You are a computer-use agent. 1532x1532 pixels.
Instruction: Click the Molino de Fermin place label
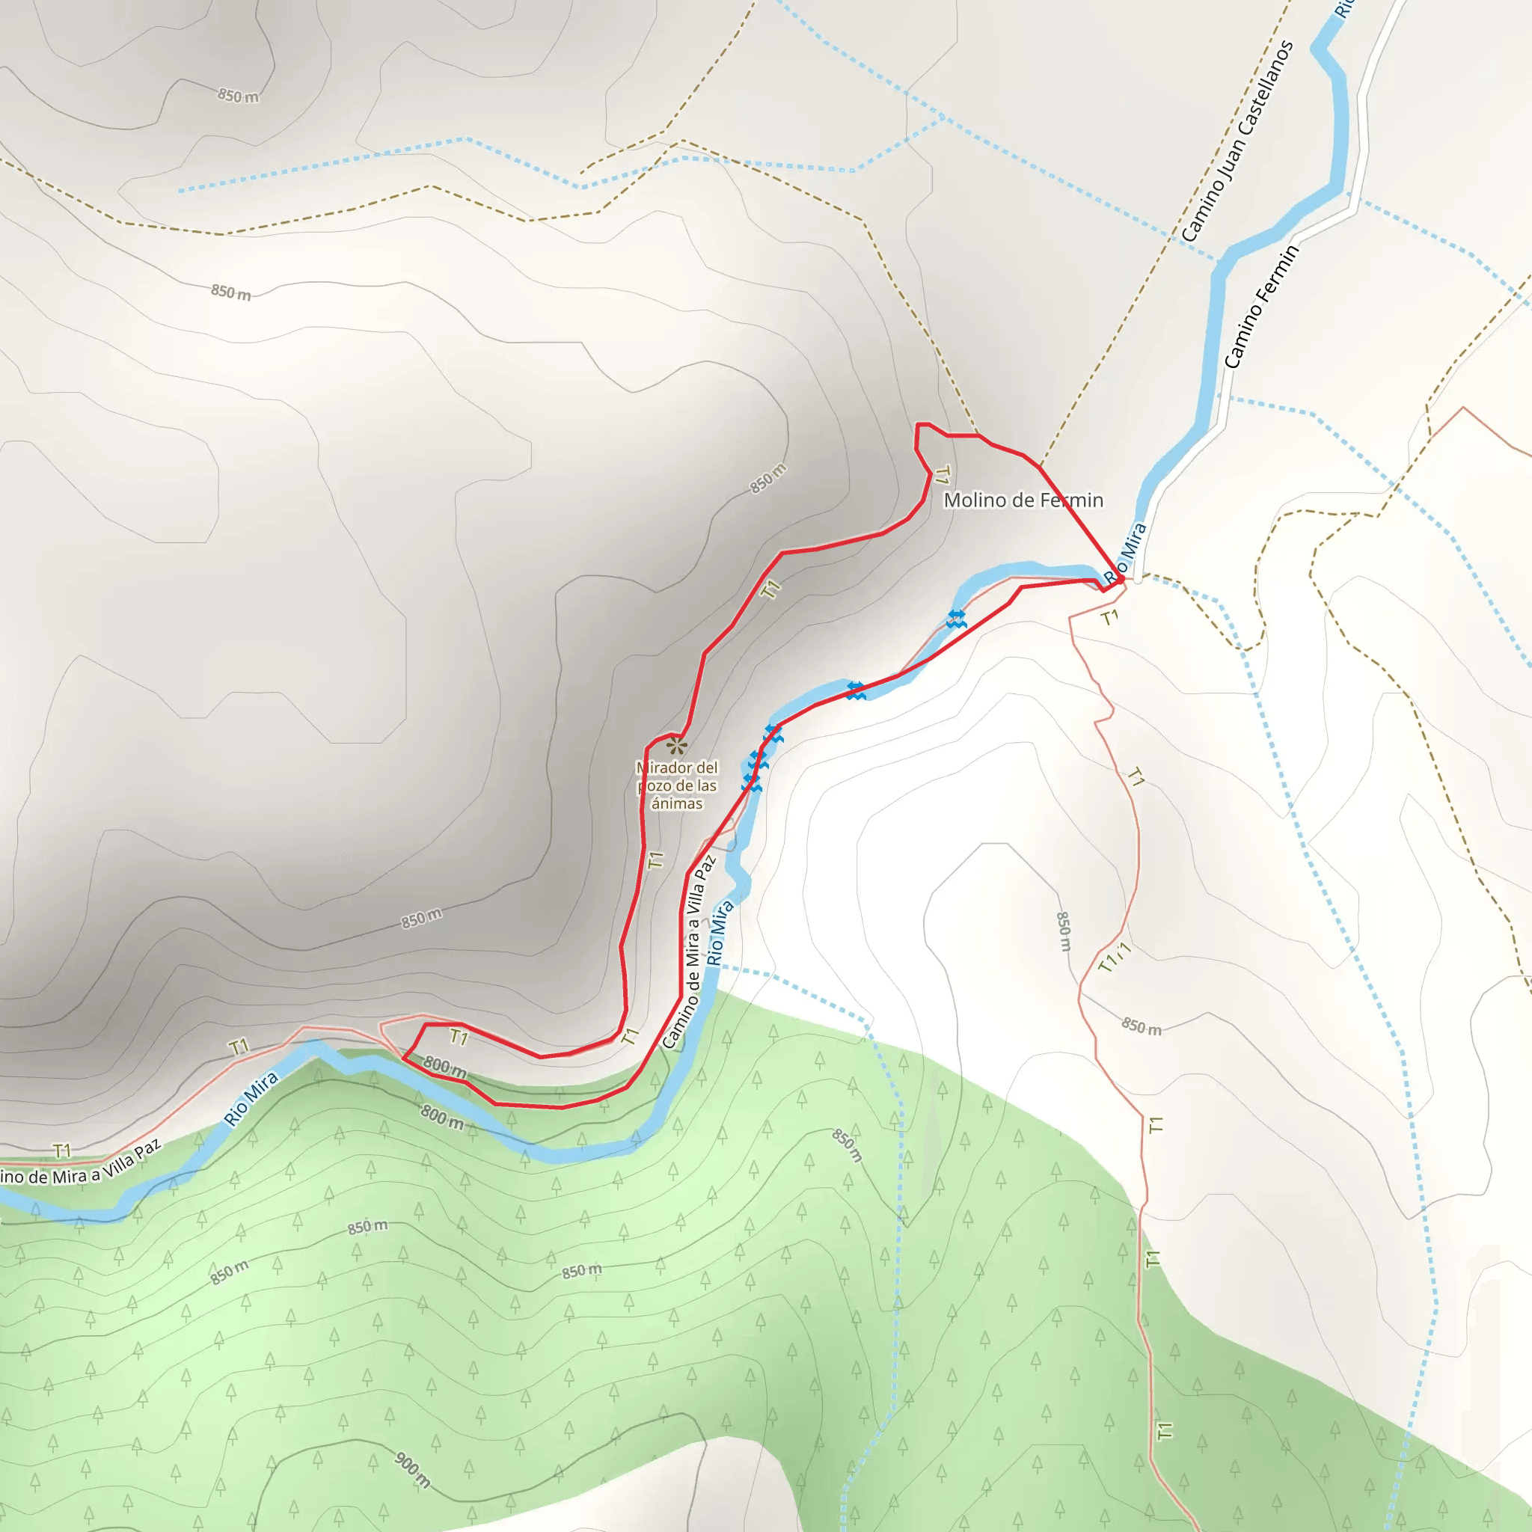pos(1023,500)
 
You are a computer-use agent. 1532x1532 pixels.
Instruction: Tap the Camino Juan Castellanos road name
pos(1237,141)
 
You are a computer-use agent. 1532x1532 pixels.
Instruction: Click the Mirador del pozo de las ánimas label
pos(676,785)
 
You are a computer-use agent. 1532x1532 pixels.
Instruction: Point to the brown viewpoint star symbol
pos(675,745)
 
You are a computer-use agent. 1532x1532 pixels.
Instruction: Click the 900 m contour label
pos(412,1469)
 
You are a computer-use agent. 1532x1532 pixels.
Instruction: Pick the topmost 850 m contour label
pos(238,96)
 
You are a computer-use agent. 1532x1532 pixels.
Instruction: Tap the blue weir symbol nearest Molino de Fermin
pos(956,619)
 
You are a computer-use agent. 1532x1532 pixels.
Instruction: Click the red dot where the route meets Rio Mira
pos(1120,579)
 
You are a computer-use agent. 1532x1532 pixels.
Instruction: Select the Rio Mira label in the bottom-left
pos(251,1098)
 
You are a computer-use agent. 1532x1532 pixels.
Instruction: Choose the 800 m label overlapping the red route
pos(444,1067)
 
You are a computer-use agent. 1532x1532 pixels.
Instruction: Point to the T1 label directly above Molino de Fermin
pos(941,475)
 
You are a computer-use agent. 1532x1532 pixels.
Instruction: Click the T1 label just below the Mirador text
pos(655,860)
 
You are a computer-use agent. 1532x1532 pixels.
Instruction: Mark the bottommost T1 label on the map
pos(1164,1430)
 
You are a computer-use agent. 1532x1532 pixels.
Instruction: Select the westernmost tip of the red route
pos(404,1058)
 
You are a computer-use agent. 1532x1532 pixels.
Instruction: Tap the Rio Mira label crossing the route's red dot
pos(1125,553)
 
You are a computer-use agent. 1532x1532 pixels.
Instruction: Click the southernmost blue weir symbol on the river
pos(751,784)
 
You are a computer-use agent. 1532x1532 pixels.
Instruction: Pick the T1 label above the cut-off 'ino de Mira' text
pos(62,1150)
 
